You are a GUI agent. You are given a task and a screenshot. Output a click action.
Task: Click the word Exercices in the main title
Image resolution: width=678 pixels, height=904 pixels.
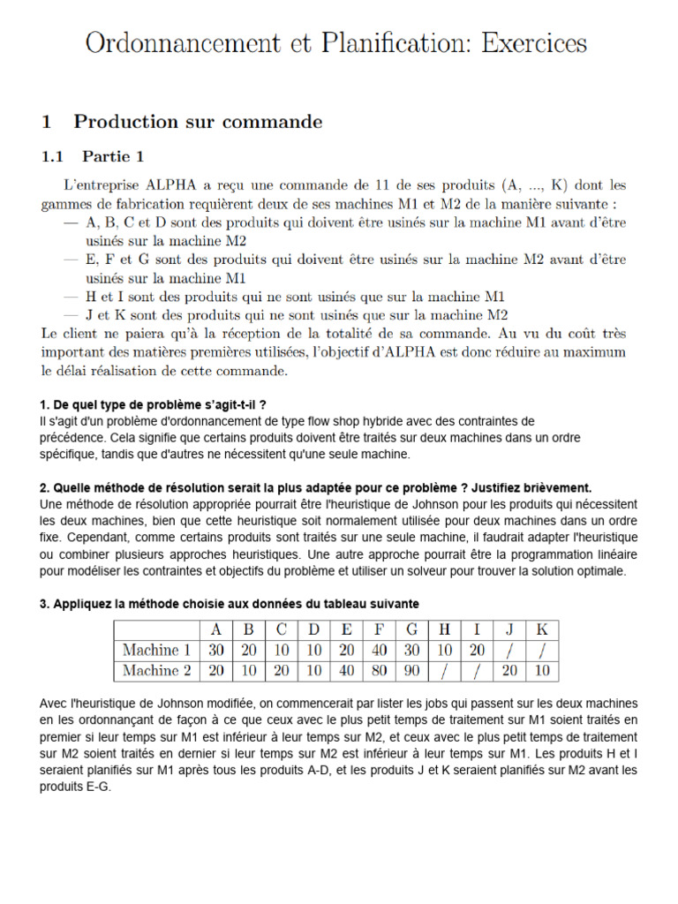(527, 42)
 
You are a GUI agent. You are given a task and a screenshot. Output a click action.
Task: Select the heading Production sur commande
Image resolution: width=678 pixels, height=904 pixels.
(198, 122)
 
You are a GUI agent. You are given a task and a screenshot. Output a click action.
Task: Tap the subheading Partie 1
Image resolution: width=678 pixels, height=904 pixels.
(113, 157)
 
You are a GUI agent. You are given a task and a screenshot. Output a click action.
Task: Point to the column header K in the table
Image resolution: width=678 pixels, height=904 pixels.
(542, 630)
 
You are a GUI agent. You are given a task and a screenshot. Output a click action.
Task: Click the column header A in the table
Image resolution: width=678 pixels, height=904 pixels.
(215, 630)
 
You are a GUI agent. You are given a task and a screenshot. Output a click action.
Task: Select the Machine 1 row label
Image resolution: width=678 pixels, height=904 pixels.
(157, 651)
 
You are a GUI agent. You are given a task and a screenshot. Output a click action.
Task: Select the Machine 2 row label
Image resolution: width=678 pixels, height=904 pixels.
(157, 671)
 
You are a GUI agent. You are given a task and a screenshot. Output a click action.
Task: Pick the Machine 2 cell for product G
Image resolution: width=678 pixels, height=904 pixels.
(411, 671)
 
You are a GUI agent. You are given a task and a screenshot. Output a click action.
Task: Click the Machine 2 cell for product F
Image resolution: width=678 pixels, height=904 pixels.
(379, 671)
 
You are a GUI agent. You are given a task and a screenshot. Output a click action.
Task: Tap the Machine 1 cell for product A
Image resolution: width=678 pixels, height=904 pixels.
(215, 651)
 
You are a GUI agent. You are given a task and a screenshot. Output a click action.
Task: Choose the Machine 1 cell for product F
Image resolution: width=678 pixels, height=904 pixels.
(379, 651)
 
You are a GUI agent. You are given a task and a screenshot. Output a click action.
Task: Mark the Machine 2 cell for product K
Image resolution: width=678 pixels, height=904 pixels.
(542, 671)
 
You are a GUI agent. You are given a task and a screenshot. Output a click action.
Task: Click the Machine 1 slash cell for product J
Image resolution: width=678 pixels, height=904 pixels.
(509, 651)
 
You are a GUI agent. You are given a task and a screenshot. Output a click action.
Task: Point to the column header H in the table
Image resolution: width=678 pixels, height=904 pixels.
(444, 630)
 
